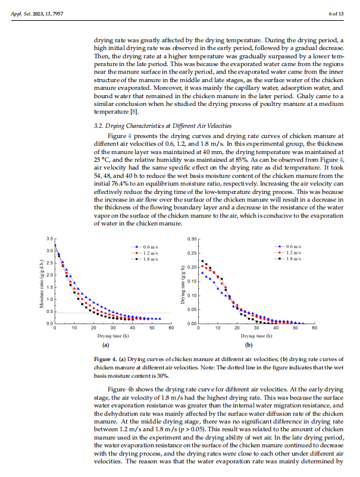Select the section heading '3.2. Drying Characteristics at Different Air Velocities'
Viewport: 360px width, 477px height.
coord(163,125)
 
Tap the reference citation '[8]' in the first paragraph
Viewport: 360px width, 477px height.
coord(136,111)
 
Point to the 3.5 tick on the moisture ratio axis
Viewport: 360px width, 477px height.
coord(50,238)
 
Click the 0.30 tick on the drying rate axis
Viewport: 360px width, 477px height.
coord(192,239)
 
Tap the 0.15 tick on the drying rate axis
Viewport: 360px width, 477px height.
coord(192,281)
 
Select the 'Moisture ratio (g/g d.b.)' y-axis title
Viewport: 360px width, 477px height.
coord(42,281)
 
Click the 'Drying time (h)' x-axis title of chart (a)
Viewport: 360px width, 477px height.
coord(112,336)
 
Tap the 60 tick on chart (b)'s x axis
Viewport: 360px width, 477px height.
coord(315,328)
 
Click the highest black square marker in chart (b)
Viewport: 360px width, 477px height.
coord(202,261)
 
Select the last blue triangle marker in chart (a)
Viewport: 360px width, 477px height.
coord(159,319)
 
